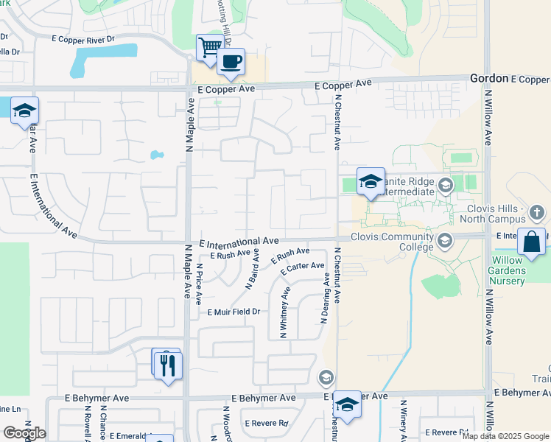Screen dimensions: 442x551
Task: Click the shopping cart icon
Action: pos(210,47)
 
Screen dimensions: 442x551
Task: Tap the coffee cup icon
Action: pos(231,61)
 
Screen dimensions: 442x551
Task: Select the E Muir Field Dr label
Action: pos(234,312)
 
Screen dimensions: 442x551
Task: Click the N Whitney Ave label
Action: pos(284,312)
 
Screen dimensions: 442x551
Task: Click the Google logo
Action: pos(24,433)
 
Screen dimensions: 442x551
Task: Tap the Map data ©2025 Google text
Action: pos(506,436)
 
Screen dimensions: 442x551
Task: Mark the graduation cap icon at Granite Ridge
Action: pos(371,181)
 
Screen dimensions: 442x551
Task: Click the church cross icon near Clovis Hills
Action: pos(538,214)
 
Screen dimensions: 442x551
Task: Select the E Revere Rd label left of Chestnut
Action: pos(267,424)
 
